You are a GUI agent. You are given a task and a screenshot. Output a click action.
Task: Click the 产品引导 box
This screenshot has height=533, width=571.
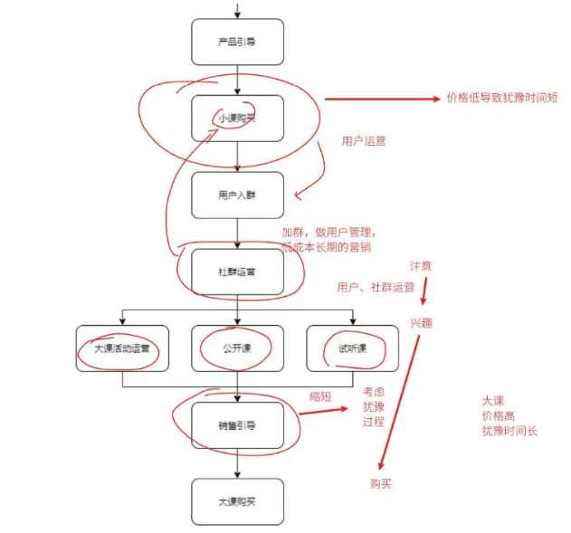pyautogui.click(x=237, y=42)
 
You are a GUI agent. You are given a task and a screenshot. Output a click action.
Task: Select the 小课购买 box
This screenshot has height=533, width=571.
pyautogui.click(x=237, y=118)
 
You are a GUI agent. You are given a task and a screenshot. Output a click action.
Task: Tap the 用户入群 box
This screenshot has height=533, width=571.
pyautogui.click(x=237, y=195)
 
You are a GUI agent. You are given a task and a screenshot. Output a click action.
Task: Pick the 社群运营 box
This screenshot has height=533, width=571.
pyautogui.click(x=237, y=271)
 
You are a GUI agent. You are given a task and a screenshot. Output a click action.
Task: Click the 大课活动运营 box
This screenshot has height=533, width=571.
pyautogui.click(x=122, y=347)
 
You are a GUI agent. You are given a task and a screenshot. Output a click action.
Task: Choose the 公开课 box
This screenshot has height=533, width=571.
pyautogui.click(x=237, y=347)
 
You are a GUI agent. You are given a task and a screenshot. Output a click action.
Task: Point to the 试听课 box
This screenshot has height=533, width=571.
pyautogui.click(x=351, y=347)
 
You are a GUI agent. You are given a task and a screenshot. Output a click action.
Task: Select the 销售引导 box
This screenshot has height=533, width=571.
pyautogui.click(x=237, y=424)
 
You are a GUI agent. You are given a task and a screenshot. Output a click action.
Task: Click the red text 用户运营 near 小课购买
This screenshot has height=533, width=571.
pyautogui.click(x=364, y=141)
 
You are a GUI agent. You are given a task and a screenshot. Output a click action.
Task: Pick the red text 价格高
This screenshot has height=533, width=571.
pyautogui.click(x=499, y=415)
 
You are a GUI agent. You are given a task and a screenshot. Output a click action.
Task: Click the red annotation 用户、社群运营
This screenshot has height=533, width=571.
pyautogui.click(x=376, y=287)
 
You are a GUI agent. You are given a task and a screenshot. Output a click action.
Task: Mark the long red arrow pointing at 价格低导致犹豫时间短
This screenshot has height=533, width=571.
pyautogui.click(x=380, y=99)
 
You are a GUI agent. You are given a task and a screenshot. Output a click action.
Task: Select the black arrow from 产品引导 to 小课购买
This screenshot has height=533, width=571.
pyautogui.click(x=237, y=80)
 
